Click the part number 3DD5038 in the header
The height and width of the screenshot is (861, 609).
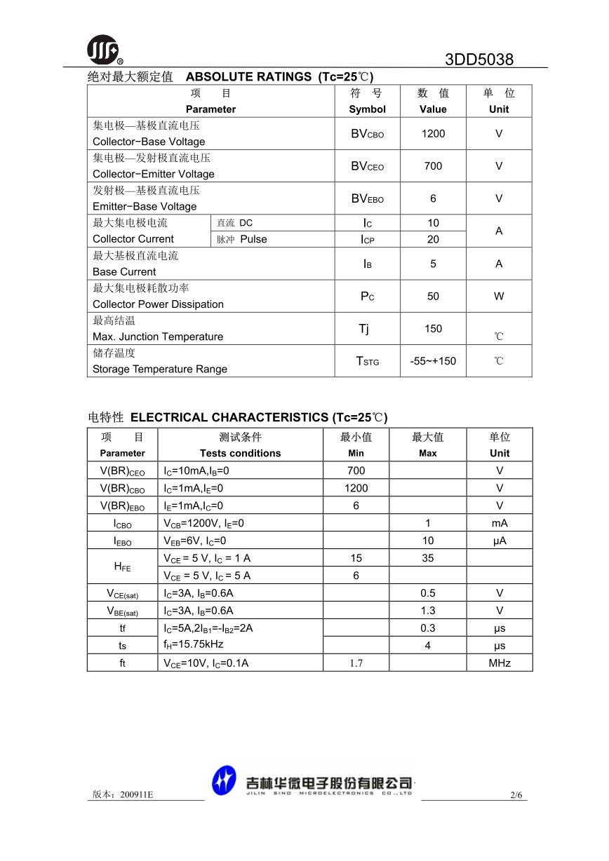(479, 60)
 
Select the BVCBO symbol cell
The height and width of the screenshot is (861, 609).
(367, 133)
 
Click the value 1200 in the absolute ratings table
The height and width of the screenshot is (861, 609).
(433, 133)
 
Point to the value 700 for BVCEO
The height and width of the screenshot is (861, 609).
(433, 166)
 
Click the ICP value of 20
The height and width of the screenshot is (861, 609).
(433, 239)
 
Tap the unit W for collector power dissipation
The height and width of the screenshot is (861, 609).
(499, 296)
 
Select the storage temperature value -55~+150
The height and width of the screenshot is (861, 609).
(433, 361)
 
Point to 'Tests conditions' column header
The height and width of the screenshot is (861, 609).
(240, 453)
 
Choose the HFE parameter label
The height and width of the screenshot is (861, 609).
(122, 567)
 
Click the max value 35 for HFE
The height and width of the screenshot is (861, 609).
(427, 558)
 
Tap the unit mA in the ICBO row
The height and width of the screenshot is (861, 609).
(500, 523)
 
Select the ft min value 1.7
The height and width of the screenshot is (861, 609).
(356, 663)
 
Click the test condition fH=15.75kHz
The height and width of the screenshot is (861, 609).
(193, 644)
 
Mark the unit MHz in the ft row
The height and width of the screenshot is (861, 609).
(500, 663)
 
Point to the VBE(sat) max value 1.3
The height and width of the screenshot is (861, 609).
(427, 611)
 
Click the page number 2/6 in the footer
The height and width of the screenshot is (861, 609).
(517, 795)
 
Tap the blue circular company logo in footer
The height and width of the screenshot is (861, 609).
(225, 781)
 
